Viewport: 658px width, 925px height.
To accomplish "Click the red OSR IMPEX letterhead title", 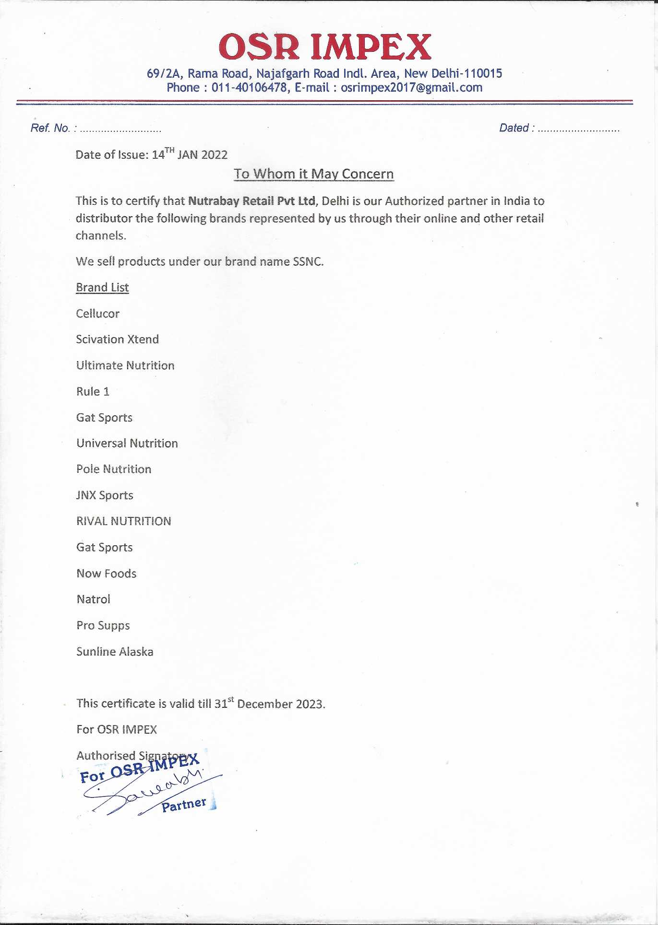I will (x=325, y=47).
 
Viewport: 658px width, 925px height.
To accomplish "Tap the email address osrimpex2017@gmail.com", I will (x=411, y=88).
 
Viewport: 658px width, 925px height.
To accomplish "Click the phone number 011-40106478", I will (x=249, y=88).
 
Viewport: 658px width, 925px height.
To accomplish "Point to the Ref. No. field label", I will (x=50, y=128).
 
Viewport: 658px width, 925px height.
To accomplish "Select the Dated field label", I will (x=514, y=128).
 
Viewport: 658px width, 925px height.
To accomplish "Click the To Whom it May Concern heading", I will (x=313, y=174).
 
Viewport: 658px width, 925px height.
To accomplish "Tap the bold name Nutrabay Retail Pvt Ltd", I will (x=251, y=201).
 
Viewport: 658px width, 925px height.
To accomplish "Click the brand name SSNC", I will (x=308, y=261).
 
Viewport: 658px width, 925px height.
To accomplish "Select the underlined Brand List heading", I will (x=102, y=287).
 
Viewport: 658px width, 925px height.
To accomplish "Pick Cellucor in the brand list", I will (x=97, y=314).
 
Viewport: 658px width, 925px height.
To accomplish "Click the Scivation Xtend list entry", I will (x=117, y=340).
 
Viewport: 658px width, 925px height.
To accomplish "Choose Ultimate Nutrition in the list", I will (x=125, y=365).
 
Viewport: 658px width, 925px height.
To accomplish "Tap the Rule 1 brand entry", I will (x=93, y=391).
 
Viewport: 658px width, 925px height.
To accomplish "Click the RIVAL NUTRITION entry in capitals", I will (x=123, y=521).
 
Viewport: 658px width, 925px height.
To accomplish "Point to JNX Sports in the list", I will (x=105, y=495).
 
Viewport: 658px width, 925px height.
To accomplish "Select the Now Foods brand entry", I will (x=106, y=574).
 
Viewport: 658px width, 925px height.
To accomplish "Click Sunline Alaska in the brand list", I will (x=115, y=652).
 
